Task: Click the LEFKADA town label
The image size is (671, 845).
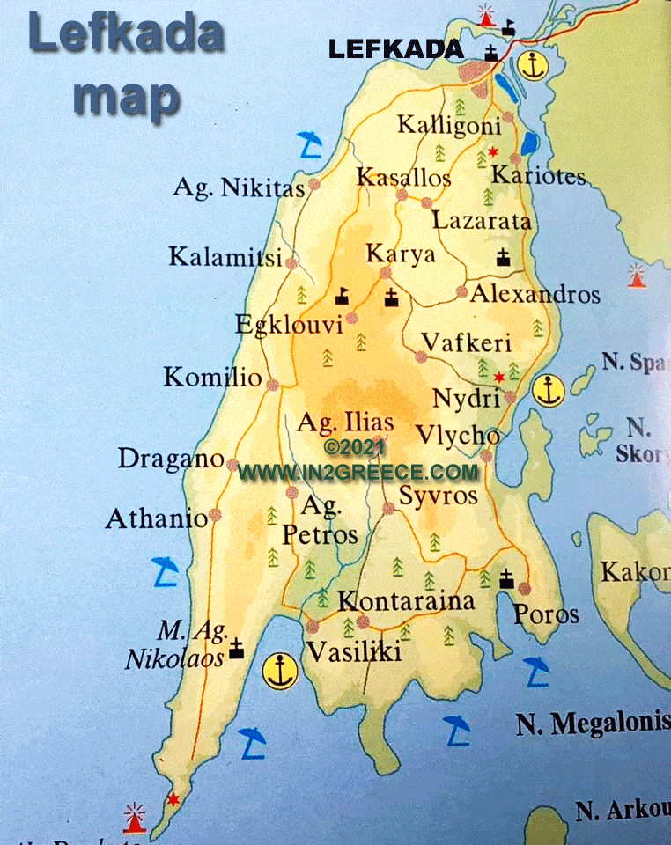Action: point(396,49)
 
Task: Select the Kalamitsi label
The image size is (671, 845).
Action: point(225,258)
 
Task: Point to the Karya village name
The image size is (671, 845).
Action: point(400,254)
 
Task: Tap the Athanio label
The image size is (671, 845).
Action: point(157,518)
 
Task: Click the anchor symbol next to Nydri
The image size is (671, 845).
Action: point(549,390)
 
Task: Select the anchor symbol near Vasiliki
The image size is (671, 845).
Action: point(281,672)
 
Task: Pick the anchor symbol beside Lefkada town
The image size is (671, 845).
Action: point(530,64)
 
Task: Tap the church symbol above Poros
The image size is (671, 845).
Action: point(506,579)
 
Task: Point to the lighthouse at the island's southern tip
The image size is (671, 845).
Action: point(135,817)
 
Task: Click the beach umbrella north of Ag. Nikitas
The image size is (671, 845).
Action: point(309,142)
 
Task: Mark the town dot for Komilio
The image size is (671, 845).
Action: point(273,384)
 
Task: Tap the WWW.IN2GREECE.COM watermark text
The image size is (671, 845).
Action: point(358,472)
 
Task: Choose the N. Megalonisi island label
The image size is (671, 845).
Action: point(592,724)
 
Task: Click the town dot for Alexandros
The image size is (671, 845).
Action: point(461,291)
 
